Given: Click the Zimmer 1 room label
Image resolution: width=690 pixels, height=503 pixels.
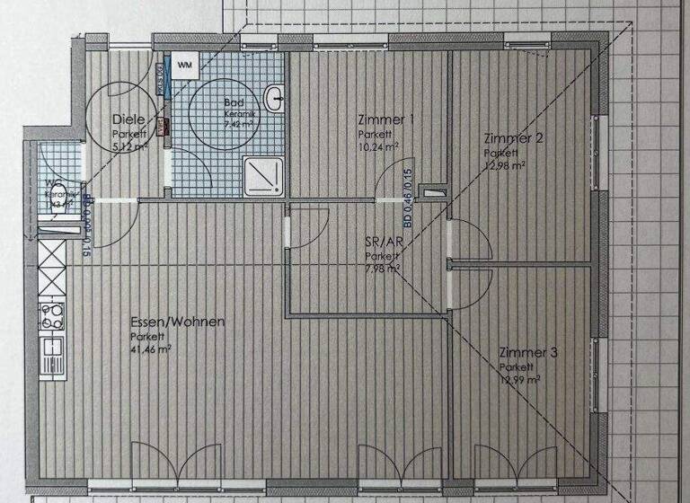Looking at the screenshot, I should point(385,119).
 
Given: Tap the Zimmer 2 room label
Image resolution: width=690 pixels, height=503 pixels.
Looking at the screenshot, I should point(512,138).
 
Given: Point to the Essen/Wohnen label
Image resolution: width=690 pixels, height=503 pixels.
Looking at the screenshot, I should point(177,322).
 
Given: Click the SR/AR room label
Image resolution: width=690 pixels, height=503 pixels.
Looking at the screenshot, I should point(383,243).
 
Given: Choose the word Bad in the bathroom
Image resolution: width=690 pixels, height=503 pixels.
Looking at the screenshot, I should point(233,102).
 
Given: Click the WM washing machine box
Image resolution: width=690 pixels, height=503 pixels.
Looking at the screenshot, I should point(184,65).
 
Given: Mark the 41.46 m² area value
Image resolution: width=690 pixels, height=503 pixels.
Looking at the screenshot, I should point(151,349).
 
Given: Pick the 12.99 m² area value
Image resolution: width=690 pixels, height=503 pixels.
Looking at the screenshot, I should point(520,381).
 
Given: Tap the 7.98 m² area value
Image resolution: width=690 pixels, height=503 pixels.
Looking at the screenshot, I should point(383,269).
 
